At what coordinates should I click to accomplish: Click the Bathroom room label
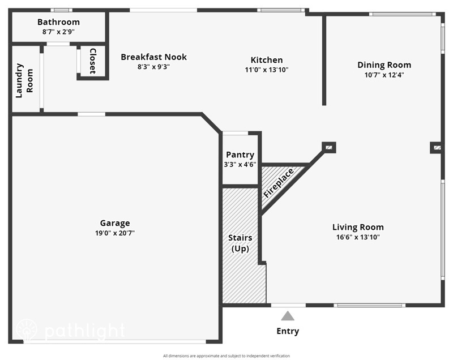pos(58,22)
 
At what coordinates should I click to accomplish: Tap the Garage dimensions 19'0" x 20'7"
pos(115,233)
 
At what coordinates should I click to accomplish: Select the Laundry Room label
pos(24,80)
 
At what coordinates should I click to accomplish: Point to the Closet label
pos(92,61)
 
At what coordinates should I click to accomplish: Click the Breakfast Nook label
pos(153,57)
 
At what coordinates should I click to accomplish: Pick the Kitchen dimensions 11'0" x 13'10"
pos(267,70)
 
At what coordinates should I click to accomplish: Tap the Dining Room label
pos(384,65)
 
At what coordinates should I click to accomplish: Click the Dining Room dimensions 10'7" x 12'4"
pos(384,74)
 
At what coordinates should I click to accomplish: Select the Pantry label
pos(240,155)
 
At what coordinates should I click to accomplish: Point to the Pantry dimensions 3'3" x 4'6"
pos(240,165)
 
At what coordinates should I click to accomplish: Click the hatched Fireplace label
pos(279,183)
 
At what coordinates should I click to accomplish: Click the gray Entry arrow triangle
pos(288,316)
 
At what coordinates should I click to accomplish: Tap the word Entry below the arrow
pos(288,331)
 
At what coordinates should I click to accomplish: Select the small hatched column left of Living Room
pos(329,148)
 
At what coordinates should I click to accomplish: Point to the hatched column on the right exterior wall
pos(437,148)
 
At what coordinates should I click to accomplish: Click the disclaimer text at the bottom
pos(226,356)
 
